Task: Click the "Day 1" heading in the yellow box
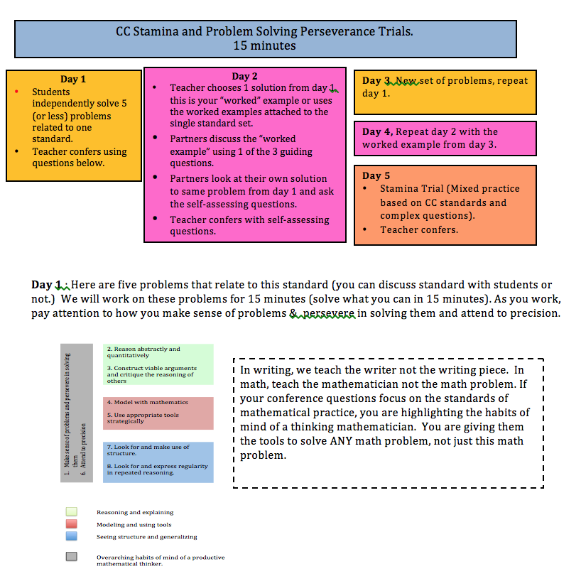[x=74, y=80]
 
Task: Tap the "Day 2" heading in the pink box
[x=244, y=76]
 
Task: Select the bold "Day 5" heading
[x=376, y=175]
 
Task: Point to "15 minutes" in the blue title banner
[x=264, y=45]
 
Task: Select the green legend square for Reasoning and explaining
[x=71, y=511]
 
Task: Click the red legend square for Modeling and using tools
[x=71, y=524]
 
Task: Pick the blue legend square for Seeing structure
[x=71, y=536]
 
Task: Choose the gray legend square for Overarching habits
[x=71, y=557]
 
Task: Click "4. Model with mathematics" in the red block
[x=147, y=402]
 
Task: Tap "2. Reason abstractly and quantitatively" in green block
[x=143, y=352]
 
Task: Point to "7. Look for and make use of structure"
[x=148, y=450]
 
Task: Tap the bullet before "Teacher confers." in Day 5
[x=364, y=230]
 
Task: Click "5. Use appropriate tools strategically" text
[x=143, y=418]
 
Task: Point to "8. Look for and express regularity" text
[x=157, y=469]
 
